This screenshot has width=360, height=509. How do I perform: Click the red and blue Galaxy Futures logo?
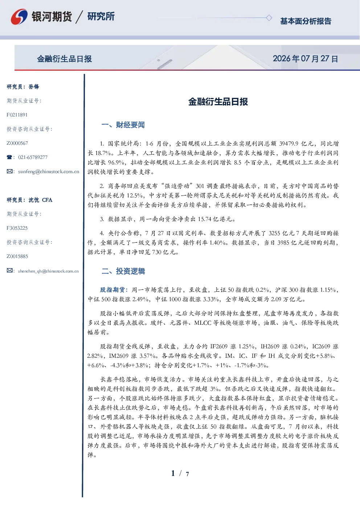coord(19,16)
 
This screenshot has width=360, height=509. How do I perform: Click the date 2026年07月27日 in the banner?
coord(305,59)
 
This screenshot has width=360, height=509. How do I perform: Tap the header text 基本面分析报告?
coord(306,21)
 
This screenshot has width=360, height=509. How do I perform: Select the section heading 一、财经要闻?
coord(123,125)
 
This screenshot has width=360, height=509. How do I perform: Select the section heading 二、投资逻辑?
coord(123,271)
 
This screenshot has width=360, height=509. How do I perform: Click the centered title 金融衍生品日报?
coord(218,102)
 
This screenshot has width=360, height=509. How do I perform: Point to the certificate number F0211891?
coord(17,115)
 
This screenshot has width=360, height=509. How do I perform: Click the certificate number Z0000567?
coord(17,143)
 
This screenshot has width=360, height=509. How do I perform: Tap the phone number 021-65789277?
coord(33,157)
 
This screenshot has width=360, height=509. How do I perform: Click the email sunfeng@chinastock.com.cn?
coord(49,172)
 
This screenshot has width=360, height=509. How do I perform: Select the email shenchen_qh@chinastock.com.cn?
coord(48,271)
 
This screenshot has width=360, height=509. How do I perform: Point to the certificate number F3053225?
coord(17,228)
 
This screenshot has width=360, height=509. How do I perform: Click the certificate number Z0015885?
coord(17,256)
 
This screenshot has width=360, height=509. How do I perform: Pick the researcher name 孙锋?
coord(34,87)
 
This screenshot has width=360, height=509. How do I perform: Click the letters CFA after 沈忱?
coord(47,200)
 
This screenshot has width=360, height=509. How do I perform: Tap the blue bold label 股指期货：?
coord(114,290)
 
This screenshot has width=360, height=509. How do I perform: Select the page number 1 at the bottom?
coord(173,473)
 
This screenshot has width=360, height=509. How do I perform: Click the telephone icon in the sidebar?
coord(9,157)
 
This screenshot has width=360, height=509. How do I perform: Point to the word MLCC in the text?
coord(203,323)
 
